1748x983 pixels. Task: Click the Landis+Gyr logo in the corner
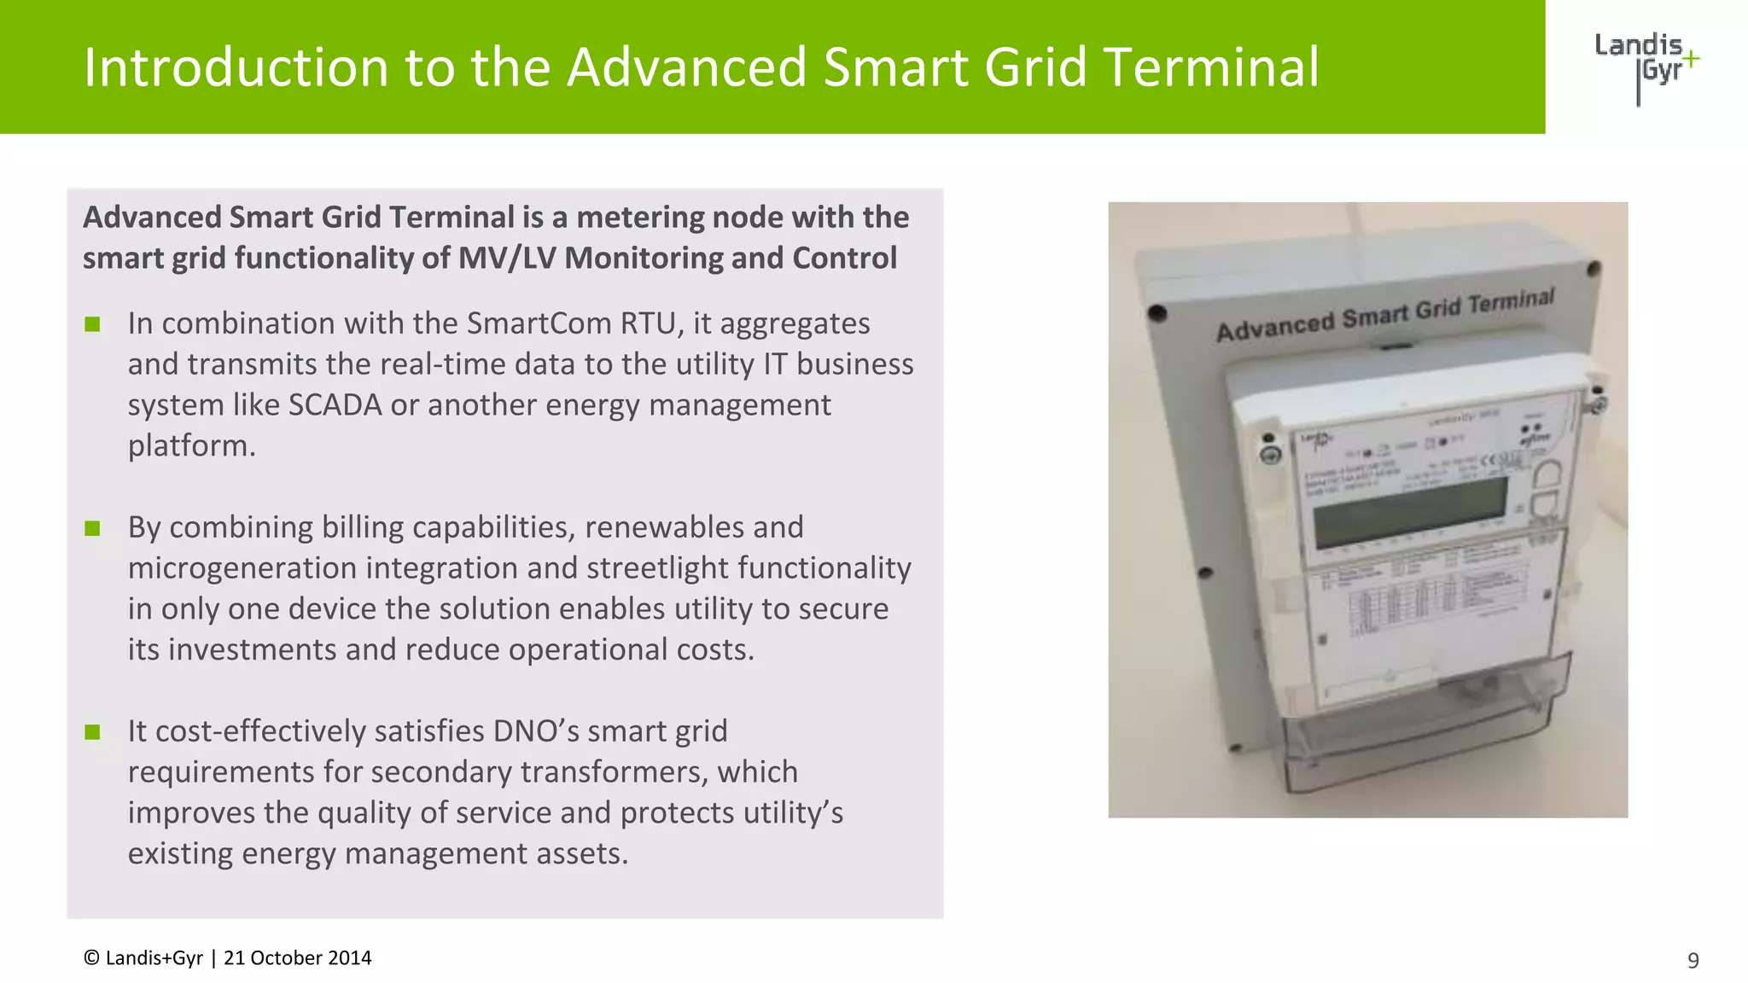click(x=1646, y=67)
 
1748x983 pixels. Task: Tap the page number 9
click(x=1693, y=961)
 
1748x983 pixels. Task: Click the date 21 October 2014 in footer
click(x=297, y=958)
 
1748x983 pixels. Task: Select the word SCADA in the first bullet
click(x=335, y=405)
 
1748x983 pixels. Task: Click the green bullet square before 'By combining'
click(x=93, y=529)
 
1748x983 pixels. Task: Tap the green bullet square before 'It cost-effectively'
click(x=93, y=733)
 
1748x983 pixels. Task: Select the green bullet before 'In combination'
click(x=93, y=325)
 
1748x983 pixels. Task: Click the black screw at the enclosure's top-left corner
click(x=1157, y=313)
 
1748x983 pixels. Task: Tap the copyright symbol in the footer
click(x=91, y=958)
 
